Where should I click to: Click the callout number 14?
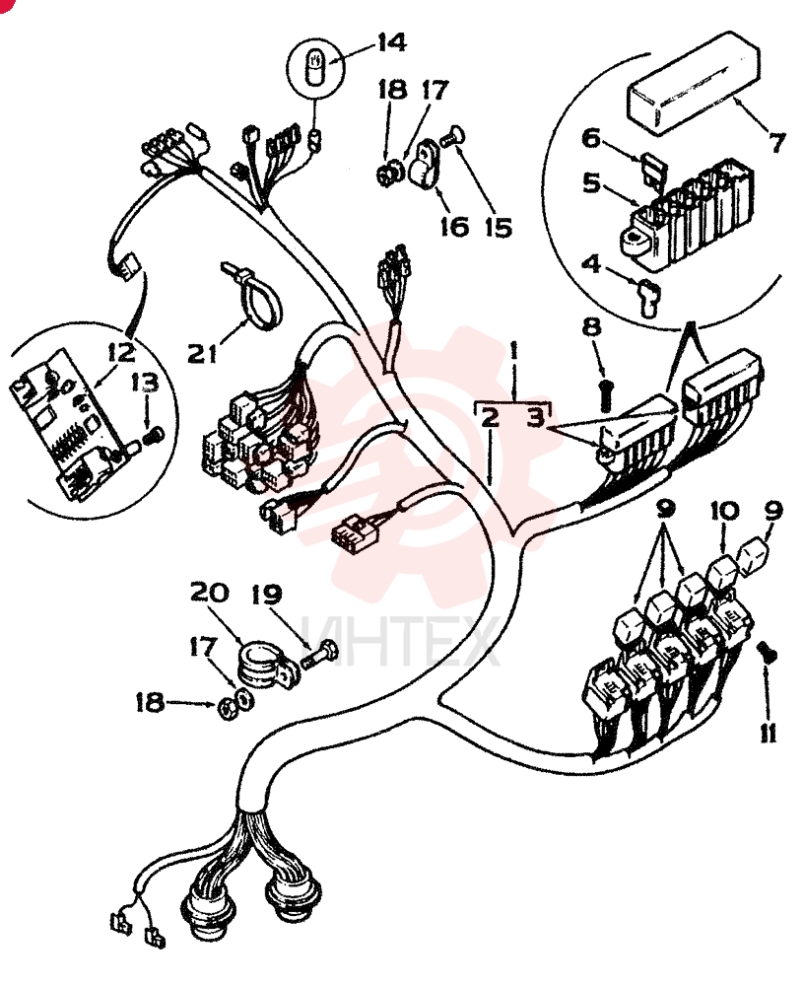[x=391, y=43]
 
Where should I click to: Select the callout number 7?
[x=778, y=142]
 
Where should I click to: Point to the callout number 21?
[x=202, y=353]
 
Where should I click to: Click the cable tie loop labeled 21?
[x=251, y=295]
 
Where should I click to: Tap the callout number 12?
[x=121, y=352]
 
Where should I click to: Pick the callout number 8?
[x=592, y=327]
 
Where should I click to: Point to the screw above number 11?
[x=768, y=654]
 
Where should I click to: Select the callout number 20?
[x=210, y=592]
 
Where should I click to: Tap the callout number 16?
[x=454, y=227]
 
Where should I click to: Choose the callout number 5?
[x=591, y=183]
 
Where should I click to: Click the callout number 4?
[x=591, y=263]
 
